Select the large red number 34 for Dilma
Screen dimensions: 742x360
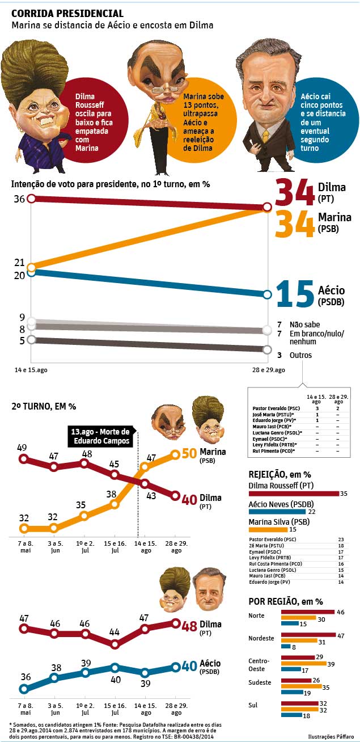(295, 193)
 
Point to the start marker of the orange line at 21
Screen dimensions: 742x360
(32, 266)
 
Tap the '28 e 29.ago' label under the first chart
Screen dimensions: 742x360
(269, 370)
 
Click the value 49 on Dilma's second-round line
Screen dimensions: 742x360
(22, 447)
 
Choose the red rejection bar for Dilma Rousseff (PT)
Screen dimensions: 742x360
(293, 494)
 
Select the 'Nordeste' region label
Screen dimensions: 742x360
(261, 638)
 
